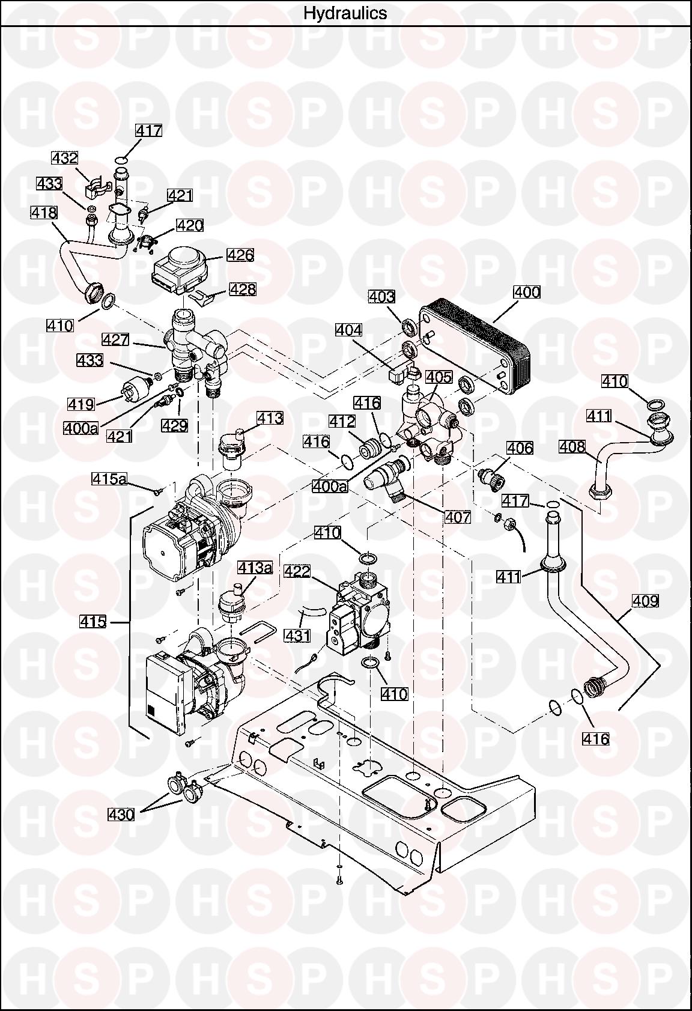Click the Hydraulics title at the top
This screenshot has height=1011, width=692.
point(345,13)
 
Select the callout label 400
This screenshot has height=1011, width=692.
point(527,293)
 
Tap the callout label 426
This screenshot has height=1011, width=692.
point(240,255)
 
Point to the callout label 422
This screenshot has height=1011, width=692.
point(297,571)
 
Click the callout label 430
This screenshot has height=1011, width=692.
point(121,815)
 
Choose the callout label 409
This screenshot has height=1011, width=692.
point(645,601)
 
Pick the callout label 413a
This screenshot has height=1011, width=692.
point(255,568)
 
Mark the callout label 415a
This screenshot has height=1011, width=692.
point(109,479)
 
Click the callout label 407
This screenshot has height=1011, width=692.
point(458,517)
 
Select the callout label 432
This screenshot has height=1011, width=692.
point(64,159)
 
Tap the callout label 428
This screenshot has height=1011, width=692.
point(243,289)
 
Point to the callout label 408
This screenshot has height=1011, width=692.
point(572,447)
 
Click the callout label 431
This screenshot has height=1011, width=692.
point(297,636)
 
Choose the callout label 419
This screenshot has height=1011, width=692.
point(81,404)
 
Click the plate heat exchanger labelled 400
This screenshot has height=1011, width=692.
point(474,350)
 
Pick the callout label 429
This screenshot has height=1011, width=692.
point(174,426)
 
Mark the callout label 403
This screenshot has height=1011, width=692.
point(382,297)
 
